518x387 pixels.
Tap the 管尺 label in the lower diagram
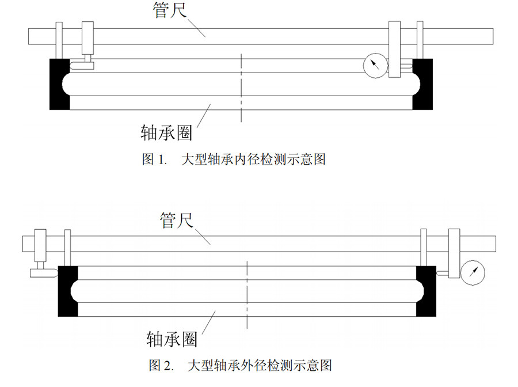[176, 219]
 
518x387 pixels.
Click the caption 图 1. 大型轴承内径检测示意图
[234, 159]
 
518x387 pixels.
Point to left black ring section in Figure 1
[59, 84]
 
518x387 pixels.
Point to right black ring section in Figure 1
[423, 84]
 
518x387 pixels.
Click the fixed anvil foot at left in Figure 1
[82, 66]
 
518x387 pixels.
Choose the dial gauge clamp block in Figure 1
[395, 50]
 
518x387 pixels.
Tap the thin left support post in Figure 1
[59, 40]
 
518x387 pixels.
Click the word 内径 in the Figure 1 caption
[251, 159]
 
